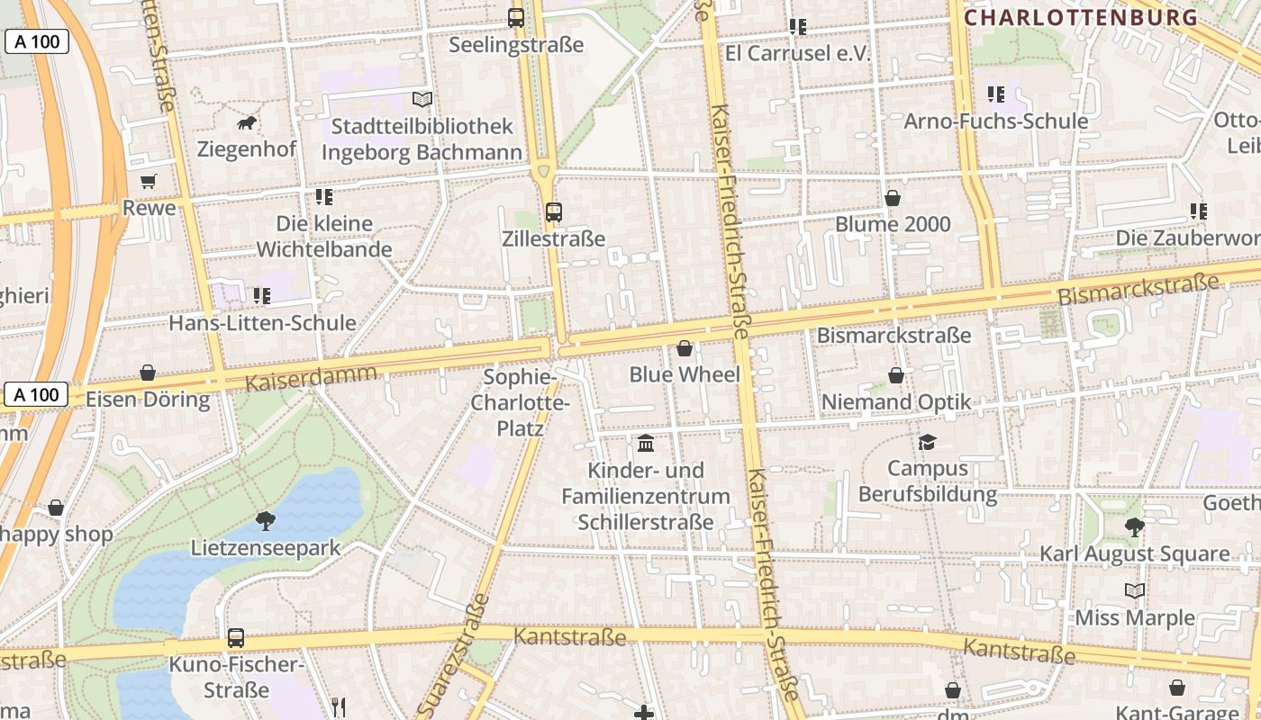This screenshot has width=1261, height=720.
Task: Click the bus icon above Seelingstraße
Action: point(516,17)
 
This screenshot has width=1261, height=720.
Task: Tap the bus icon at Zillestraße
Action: point(554,212)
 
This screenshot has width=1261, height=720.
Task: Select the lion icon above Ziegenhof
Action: point(247,122)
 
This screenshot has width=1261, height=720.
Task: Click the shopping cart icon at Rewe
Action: point(149,181)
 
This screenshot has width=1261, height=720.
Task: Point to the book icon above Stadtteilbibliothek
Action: point(422,99)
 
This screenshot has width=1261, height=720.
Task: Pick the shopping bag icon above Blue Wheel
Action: point(685,348)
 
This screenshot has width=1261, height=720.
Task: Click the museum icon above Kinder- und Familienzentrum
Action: point(646,444)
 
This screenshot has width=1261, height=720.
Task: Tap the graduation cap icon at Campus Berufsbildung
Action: point(927,442)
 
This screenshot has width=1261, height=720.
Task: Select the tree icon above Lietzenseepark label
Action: point(266,520)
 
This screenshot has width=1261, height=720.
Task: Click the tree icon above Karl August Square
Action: point(1134,527)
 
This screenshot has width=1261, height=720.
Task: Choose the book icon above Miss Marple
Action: point(1135,591)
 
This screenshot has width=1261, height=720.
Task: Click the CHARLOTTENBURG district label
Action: point(1081,17)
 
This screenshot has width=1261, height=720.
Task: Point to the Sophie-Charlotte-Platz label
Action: point(521,402)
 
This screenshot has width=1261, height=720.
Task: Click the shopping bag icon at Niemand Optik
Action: point(896,375)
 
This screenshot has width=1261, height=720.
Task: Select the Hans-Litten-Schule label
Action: point(263,322)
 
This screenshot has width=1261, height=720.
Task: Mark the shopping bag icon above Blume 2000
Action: point(893,198)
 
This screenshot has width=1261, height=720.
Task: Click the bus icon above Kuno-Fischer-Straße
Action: point(236,638)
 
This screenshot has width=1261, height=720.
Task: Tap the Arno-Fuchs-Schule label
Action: point(995,121)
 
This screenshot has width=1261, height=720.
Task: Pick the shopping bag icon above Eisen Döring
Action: point(148,373)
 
